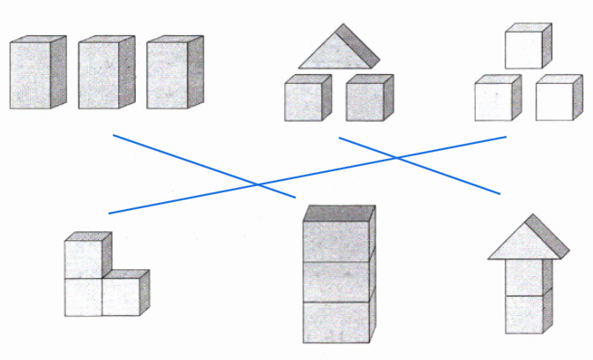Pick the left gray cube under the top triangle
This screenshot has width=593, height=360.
click(304, 100)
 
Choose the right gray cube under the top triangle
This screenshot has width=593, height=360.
click(365, 100)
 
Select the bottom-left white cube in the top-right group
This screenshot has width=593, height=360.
click(494, 100)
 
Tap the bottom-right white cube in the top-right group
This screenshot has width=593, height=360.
click(555, 100)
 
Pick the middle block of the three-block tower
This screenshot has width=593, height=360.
click(335, 281)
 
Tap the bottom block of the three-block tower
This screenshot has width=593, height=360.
click(335, 321)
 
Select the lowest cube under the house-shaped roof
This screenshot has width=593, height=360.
click(523, 314)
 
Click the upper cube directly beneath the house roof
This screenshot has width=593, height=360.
click(523, 278)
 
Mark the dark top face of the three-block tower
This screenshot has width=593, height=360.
click(339, 213)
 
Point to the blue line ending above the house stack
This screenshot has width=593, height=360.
click(420, 165)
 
